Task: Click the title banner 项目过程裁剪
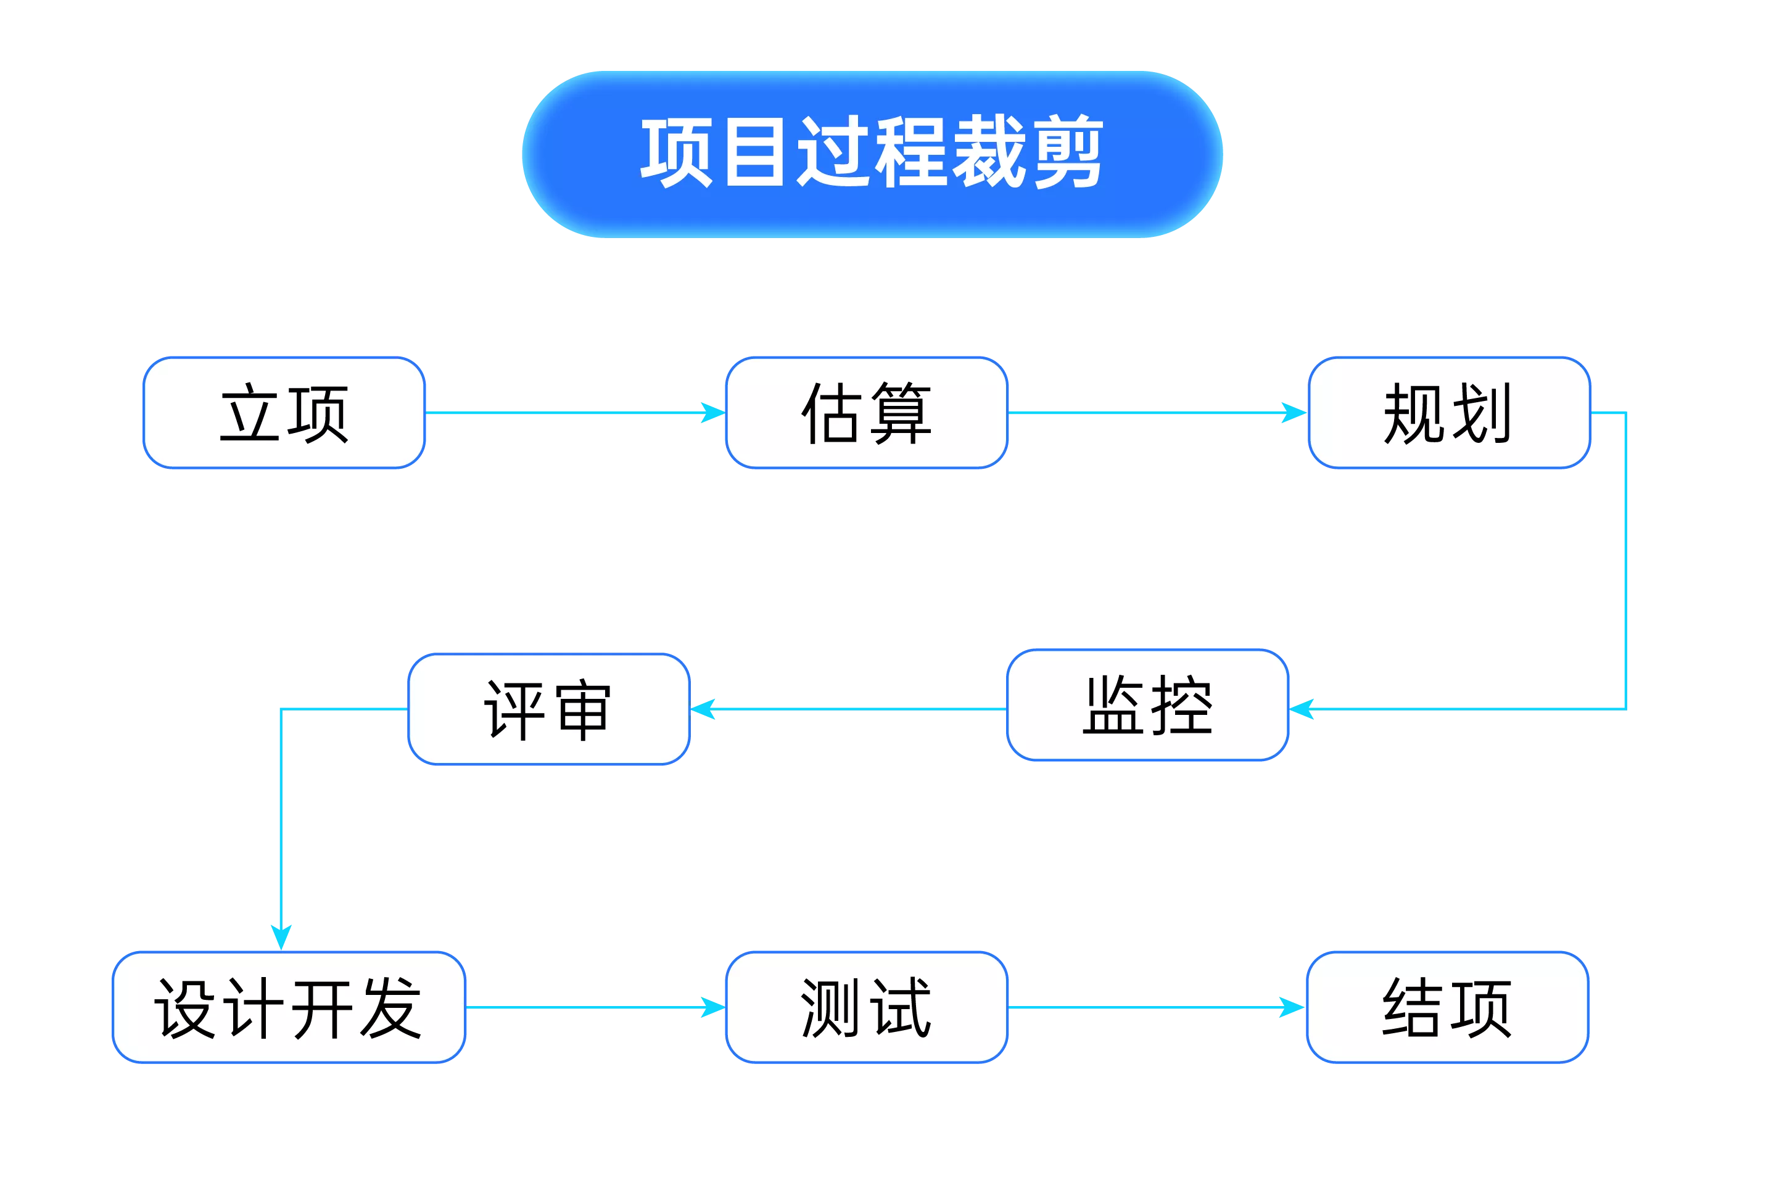click(x=872, y=154)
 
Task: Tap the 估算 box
click(x=866, y=413)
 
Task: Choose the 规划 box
click(x=1448, y=413)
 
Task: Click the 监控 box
click(x=1147, y=706)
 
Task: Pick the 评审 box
click(x=548, y=709)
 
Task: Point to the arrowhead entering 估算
click(x=712, y=412)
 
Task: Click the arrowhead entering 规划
click(x=1292, y=412)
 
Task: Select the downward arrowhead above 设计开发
click(x=281, y=936)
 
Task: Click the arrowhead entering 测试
click(x=712, y=1007)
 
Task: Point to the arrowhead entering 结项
click(x=1290, y=1007)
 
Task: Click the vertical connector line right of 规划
click(x=1626, y=561)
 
